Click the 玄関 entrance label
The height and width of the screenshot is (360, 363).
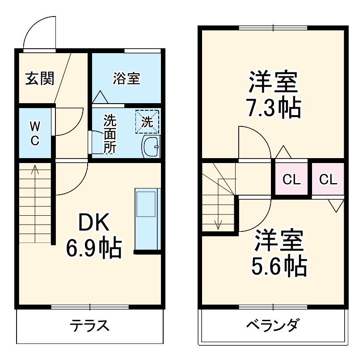click(39, 79)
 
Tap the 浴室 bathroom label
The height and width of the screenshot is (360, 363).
click(127, 79)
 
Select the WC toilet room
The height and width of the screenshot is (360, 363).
click(35, 133)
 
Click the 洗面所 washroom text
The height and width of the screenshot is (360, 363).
click(110, 134)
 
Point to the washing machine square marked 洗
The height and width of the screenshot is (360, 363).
click(148, 121)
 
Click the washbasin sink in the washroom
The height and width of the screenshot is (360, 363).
click(151, 147)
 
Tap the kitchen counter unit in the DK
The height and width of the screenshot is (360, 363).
click(147, 219)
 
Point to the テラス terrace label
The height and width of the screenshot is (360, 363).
click(90, 326)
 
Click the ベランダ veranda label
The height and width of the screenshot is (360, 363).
click(273, 326)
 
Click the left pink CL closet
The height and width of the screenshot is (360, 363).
click(291, 180)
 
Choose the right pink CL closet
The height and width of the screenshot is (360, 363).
click(328, 180)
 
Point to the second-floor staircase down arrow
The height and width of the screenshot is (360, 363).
click(218, 223)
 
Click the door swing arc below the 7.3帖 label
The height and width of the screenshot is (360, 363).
click(253, 142)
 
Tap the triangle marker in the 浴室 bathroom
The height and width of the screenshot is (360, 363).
click(99, 96)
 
